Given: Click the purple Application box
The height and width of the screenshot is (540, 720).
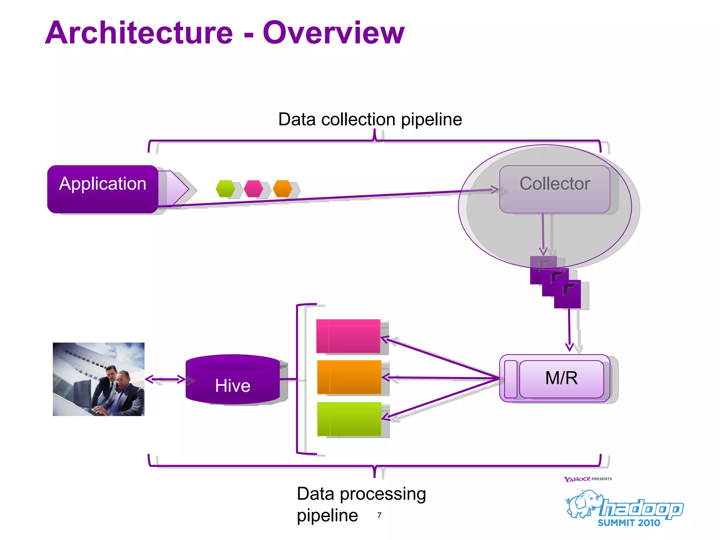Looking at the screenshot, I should (x=103, y=189).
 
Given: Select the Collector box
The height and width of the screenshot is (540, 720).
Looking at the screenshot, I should (x=554, y=189).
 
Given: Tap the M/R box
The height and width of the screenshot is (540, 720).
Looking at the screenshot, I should (x=561, y=378).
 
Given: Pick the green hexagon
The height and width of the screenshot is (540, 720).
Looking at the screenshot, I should (x=225, y=189).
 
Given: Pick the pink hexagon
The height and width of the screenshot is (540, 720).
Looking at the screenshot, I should (x=253, y=189).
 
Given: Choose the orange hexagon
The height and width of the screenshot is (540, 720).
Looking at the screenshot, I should (x=282, y=189).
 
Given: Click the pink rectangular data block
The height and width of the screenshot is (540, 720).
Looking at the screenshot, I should (x=348, y=336).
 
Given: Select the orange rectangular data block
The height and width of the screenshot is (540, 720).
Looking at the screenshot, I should (x=349, y=377).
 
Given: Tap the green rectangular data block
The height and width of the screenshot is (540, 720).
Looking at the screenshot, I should (x=349, y=419).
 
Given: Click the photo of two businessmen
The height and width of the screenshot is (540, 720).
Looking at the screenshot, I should (x=98, y=379).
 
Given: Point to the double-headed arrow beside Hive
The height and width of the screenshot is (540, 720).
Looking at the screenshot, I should (x=165, y=379).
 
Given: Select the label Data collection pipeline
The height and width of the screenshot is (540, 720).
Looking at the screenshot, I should (x=370, y=120).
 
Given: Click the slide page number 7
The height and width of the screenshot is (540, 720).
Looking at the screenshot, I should (x=379, y=515).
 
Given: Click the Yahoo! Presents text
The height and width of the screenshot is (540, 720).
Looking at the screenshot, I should (x=587, y=479).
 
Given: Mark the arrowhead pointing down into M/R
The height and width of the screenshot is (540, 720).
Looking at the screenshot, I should (x=570, y=347).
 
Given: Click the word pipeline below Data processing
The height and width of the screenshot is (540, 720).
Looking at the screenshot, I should (x=327, y=516).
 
